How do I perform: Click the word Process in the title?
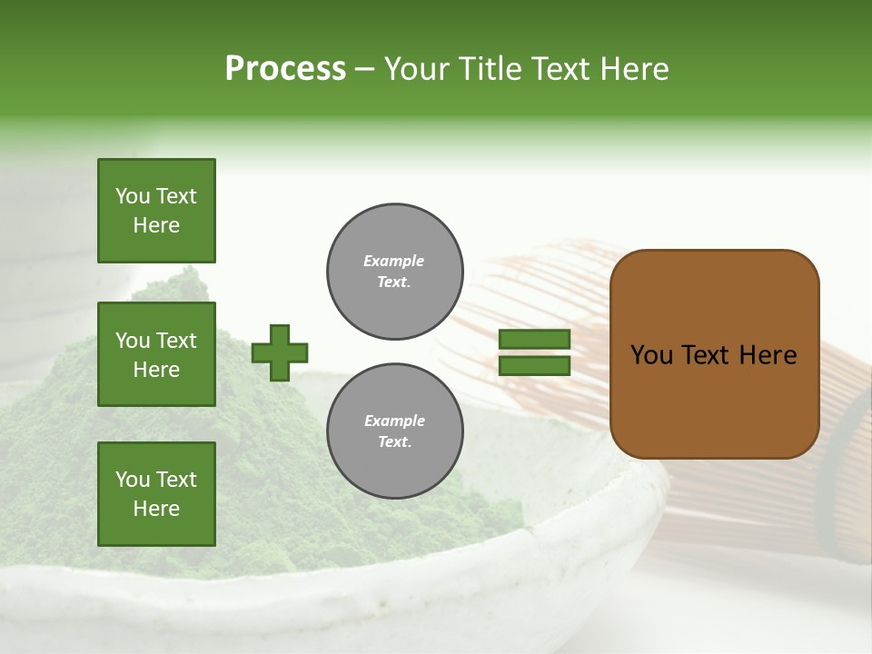coord(285,69)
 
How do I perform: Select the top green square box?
coord(156,211)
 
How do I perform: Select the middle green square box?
coord(156,354)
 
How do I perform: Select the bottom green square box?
coord(156,493)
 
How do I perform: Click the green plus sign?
coord(280,352)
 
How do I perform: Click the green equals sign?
coord(534,352)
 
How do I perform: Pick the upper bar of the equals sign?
coord(534,339)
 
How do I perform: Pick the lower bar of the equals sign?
coord(534,366)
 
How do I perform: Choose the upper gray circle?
coord(394,272)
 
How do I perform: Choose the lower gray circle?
coord(394,431)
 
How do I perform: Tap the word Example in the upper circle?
coord(394,261)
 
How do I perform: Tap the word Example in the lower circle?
coord(394,421)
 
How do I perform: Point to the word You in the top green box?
coord(131,196)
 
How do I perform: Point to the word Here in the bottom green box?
coord(156,509)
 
